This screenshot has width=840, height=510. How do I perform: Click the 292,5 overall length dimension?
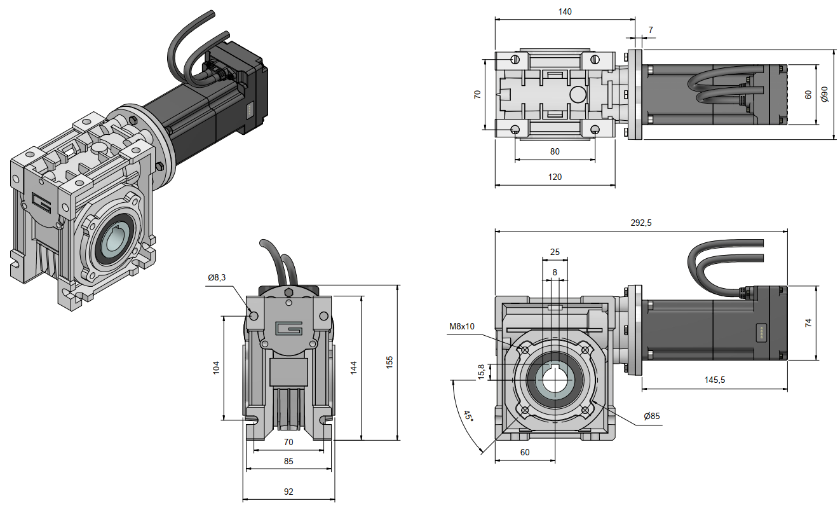click(640, 223)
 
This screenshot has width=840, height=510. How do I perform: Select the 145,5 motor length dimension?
click(715, 380)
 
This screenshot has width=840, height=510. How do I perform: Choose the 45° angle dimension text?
click(468, 417)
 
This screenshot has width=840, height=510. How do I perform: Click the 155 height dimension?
click(390, 361)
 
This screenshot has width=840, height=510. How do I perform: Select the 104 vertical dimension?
click(216, 367)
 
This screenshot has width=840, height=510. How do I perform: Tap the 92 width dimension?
click(288, 492)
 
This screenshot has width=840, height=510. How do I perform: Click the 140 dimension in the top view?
click(565, 11)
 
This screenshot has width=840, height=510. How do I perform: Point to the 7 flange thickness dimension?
click(651, 30)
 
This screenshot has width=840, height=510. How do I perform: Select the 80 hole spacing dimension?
click(555, 151)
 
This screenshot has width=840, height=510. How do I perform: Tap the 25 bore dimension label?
click(555, 252)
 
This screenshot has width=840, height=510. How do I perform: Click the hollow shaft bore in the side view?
click(555, 380)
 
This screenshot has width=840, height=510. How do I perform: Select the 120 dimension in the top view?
click(555, 177)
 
